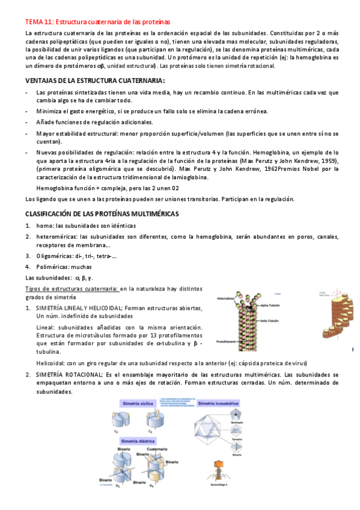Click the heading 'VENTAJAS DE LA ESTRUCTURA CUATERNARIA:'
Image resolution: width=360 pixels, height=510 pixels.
95,80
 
